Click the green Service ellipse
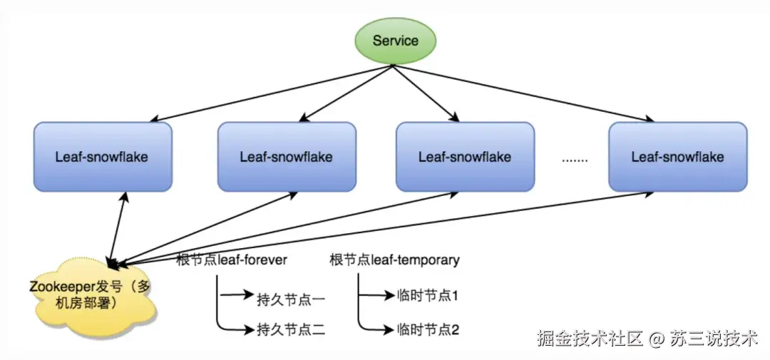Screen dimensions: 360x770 pos(395,41)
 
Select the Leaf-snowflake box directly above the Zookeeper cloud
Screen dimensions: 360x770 pos(102,157)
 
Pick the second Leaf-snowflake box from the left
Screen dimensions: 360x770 pos(286,157)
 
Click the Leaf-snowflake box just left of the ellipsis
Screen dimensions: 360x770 pos(464,157)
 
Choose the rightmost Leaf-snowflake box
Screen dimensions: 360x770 pos(677,157)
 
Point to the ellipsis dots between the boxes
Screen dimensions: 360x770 pos(574,160)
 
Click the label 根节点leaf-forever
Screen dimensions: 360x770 pos(232,260)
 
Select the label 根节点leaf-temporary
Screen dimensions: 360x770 pos(394,260)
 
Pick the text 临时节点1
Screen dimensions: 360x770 pos(426,295)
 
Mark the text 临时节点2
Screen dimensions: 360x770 pos(426,329)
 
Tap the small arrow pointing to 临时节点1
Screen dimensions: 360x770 pos(374,294)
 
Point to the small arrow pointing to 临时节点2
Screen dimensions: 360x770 pos(374,329)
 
